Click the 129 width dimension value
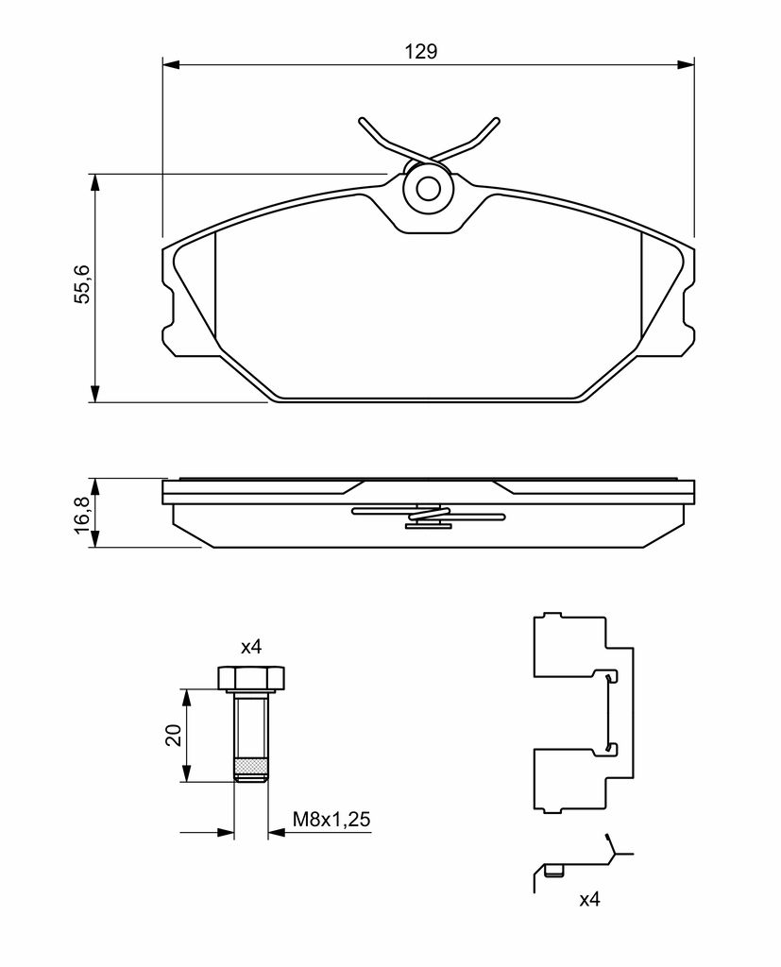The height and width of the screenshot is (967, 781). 421,51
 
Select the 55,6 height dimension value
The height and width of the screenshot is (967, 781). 82,284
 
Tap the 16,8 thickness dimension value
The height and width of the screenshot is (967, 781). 82,513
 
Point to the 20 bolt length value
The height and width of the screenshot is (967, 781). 174,735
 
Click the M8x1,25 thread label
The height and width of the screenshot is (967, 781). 331,820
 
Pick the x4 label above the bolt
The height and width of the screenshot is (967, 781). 251,647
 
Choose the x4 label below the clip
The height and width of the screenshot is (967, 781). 589,899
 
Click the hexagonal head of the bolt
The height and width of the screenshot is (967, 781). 252,678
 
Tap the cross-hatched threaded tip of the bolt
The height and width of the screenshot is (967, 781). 251,767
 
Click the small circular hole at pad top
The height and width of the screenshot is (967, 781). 428,189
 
